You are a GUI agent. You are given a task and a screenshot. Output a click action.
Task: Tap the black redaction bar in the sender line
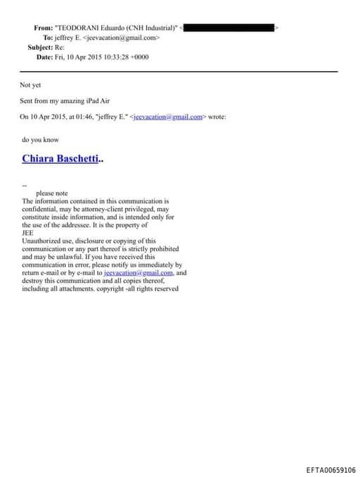click(229, 27)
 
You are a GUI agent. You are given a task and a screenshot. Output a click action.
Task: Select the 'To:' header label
click(47, 37)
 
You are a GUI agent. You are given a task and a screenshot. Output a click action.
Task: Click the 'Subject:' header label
click(40, 47)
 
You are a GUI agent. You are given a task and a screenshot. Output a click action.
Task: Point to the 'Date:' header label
click(45, 57)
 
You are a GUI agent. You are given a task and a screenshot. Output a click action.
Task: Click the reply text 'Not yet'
click(32, 85)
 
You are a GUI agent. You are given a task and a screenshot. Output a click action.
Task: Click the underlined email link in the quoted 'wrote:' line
click(168, 117)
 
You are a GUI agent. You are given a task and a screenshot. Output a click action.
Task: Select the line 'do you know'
click(40, 139)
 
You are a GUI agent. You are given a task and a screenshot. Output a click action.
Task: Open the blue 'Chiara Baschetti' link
click(60, 158)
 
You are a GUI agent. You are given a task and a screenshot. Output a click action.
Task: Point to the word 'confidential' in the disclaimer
click(41, 209)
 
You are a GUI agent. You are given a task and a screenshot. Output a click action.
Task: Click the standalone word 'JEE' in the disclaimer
click(28, 233)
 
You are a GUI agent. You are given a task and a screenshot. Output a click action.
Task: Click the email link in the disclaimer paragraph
click(139, 272)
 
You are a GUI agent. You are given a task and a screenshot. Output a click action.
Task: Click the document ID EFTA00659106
click(330, 470)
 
